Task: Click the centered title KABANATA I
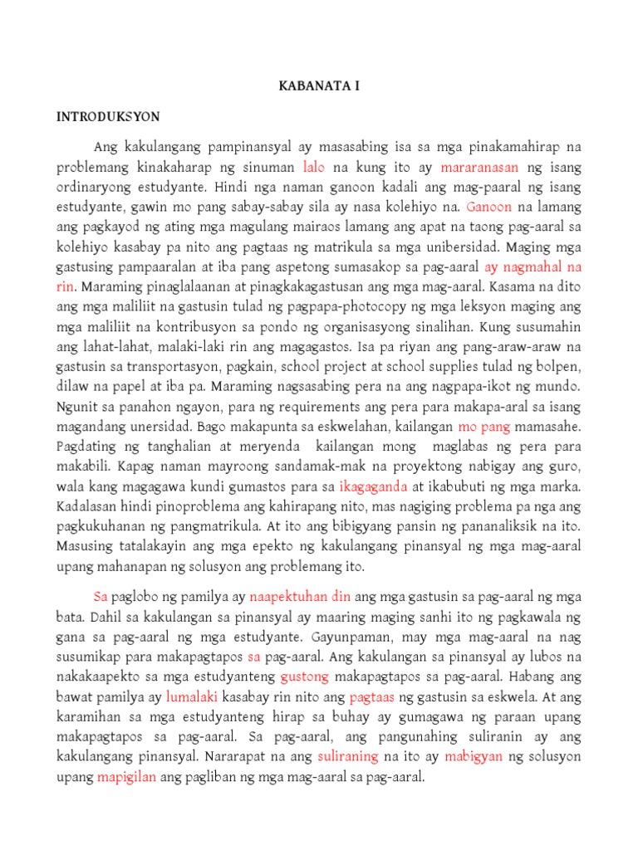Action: pyautogui.click(x=319, y=85)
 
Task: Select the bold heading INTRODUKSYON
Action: pyautogui.click(x=108, y=116)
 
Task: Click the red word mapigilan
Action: pyautogui.click(x=127, y=778)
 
